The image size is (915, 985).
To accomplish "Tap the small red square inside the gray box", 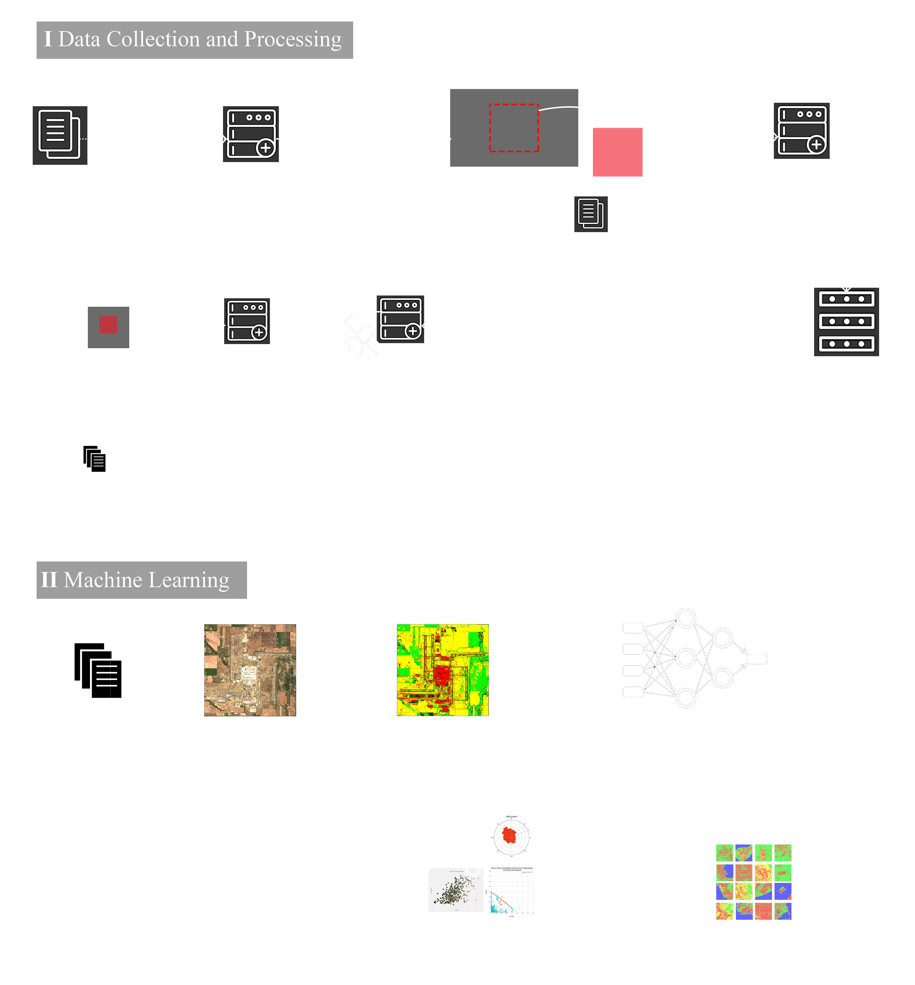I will pos(108,325).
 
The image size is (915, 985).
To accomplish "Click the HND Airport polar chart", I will pos(511,837).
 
